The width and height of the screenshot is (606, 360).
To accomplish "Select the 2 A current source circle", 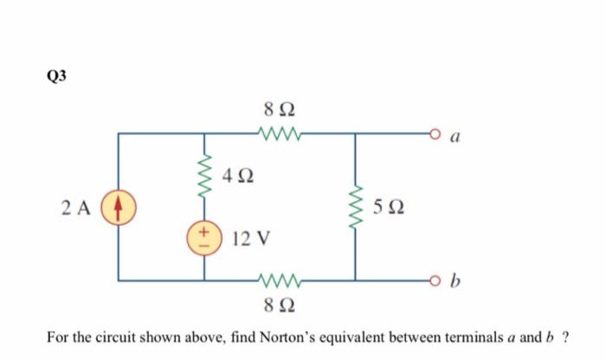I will point(118,208).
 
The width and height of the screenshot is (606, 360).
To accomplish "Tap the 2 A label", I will point(77,208).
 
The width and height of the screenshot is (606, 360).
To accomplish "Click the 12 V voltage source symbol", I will point(204,236).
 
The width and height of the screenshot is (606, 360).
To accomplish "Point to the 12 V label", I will point(252,236).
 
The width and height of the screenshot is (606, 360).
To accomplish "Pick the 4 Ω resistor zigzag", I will point(204,176).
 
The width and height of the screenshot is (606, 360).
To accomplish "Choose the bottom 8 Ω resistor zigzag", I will point(279,280).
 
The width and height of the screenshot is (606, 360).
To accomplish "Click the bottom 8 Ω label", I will point(279,303).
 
